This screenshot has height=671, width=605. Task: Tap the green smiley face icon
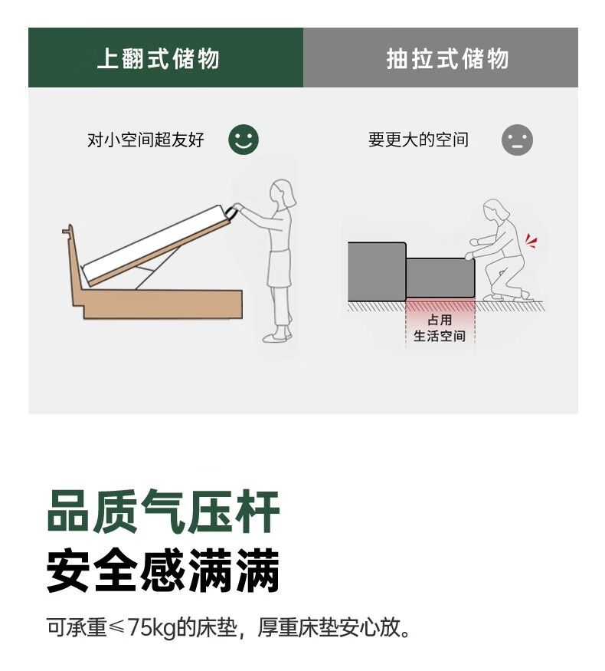[244, 140]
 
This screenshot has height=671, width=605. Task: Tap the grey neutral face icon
[517, 140]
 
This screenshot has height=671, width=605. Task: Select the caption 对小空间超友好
[146, 140]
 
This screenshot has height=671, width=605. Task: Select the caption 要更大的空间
[418, 140]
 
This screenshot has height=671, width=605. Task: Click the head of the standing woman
[283, 193]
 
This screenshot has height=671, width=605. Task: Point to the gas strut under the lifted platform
[156, 266]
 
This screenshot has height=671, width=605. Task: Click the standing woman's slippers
[277, 336]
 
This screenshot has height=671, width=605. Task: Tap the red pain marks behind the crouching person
[531, 241]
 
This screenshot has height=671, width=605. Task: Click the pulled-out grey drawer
[440, 278]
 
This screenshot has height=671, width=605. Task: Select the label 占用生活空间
[440, 327]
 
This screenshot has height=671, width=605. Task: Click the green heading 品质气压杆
[163, 511]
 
